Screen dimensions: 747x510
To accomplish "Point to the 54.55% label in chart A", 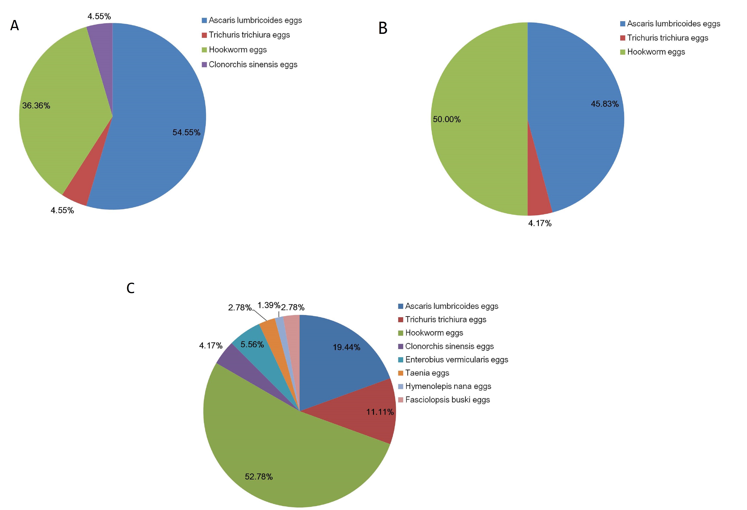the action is pyautogui.click(x=186, y=132).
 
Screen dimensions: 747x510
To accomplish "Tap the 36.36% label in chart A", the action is pyautogui.click(x=36, y=106).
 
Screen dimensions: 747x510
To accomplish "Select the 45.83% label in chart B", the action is pyautogui.click(x=605, y=104).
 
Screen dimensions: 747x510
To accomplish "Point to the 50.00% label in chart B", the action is pyautogui.click(x=447, y=119).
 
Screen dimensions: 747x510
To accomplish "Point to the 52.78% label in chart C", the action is pyautogui.click(x=259, y=477).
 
